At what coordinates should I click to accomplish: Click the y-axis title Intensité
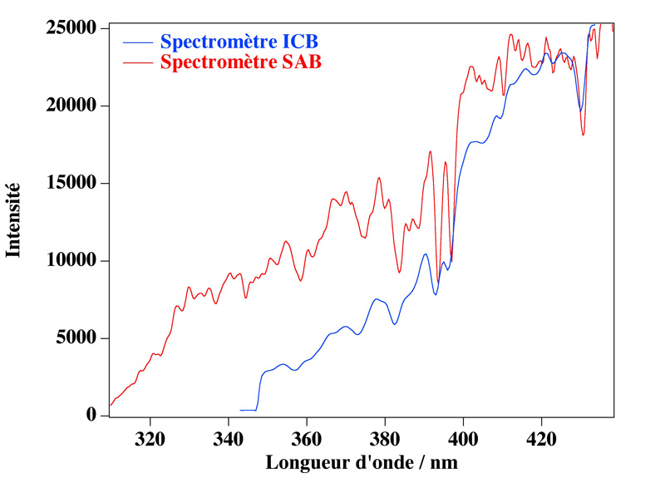(x=13, y=221)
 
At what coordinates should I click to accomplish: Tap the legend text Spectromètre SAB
(x=240, y=62)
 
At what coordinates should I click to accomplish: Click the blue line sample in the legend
(x=138, y=41)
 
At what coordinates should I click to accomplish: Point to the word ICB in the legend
(x=300, y=41)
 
